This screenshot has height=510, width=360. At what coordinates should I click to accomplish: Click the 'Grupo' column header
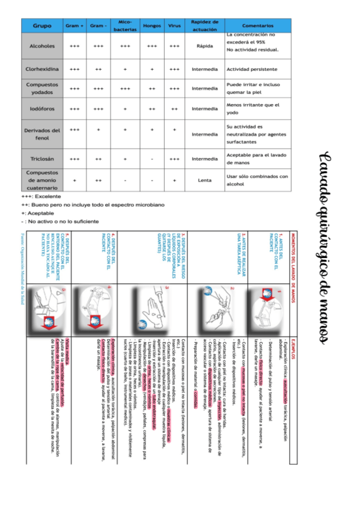[x=41, y=26]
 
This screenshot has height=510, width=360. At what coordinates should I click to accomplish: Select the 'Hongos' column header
[x=151, y=26]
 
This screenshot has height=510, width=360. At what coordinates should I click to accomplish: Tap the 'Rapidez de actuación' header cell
[x=204, y=26]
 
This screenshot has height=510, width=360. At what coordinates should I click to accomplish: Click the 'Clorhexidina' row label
[x=41, y=69]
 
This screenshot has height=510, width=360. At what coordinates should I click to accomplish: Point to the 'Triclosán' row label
[x=41, y=159]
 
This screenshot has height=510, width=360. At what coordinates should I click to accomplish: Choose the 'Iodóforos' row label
[x=41, y=109]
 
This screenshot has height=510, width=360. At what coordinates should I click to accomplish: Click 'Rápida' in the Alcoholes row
[x=204, y=46]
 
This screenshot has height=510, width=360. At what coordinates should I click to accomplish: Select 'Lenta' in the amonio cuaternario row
[x=204, y=180]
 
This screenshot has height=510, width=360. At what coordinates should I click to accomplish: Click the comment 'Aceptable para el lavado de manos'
[x=257, y=159]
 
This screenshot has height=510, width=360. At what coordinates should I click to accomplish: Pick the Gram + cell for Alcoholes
[x=75, y=46]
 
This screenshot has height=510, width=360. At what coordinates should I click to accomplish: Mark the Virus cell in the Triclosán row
[x=174, y=159]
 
